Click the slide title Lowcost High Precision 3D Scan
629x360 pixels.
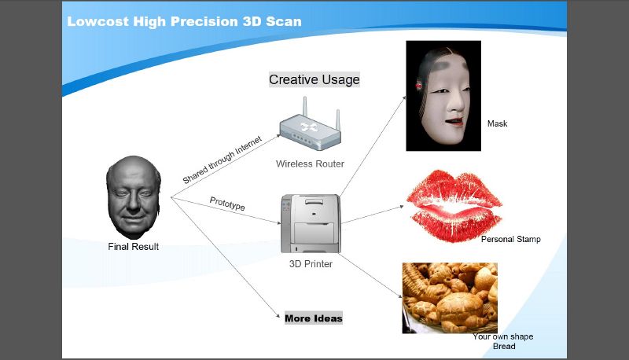pos(184,21)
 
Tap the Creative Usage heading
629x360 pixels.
pos(314,79)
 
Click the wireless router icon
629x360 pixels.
pos(311,123)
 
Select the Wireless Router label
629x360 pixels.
pos(310,163)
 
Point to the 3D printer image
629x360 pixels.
pos(311,223)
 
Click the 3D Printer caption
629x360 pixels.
pos(311,264)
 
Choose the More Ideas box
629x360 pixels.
pos(314,318)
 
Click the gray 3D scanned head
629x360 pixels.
pos(134,197)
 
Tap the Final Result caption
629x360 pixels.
pos(133,247)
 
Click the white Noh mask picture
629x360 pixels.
pos(443,96)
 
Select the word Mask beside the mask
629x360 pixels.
pos(498,123)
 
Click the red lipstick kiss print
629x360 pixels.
pos(454,206)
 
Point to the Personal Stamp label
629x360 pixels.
pos(510,239)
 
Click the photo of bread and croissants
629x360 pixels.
pos(450,298)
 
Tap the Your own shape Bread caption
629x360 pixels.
pos(503,341)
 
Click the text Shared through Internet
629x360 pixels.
pos(223,160)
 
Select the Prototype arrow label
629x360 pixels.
pos(227,204)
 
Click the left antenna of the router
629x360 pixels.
pos(305,107)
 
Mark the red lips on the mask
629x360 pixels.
pos(454,121)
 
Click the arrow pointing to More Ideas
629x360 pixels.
pos(226,257)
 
